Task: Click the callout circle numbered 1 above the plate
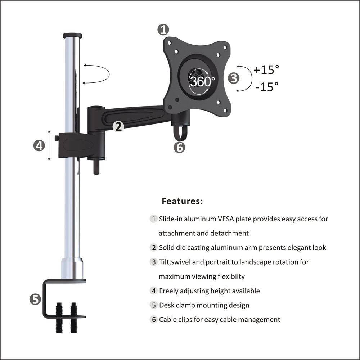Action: tap(163, 30)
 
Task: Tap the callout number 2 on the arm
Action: tap(118, 126)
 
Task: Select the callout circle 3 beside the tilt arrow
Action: tap(234, 78)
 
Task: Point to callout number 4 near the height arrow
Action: tap(39, 145)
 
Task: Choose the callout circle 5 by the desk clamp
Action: tap(35, 299)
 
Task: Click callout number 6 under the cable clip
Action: tap(179, 147)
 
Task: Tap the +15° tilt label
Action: tap(266, 69)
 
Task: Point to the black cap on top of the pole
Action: tap(72, 36)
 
